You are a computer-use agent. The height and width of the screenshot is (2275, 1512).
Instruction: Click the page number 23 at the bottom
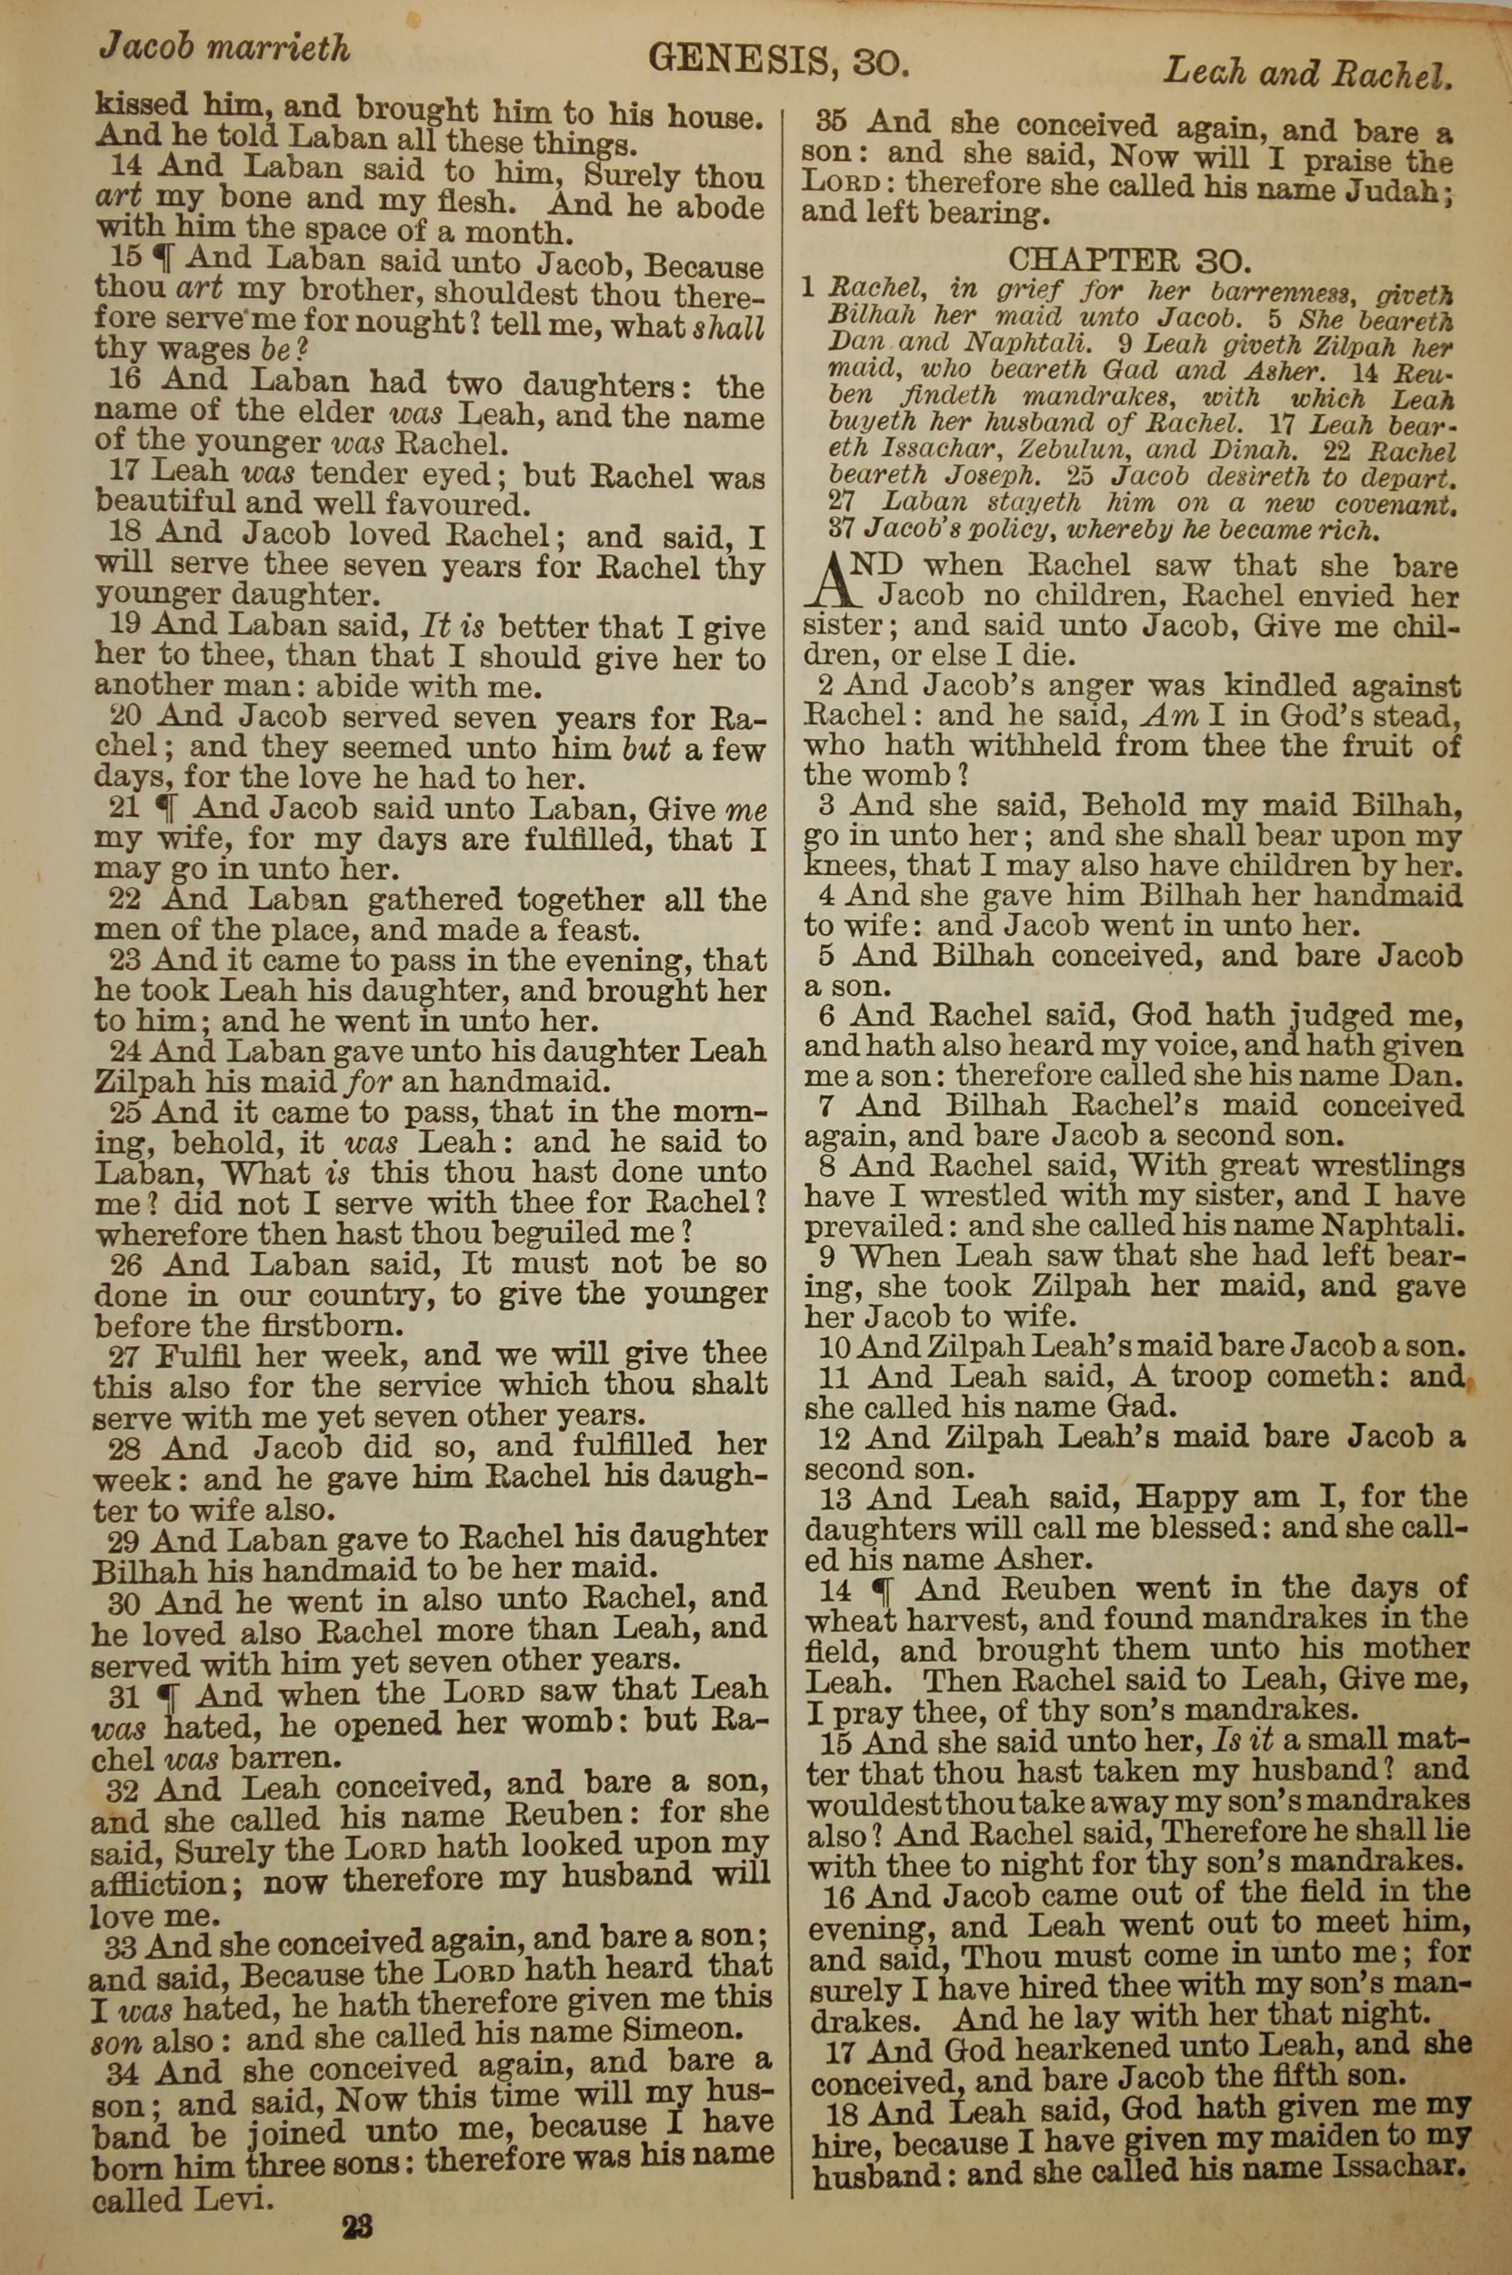[x=357, y=2200]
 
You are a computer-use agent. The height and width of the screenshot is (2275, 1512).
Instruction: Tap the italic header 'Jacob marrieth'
[x=225, y=47]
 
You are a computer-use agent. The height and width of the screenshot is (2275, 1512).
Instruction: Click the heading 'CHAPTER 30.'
[x=1129, y=259]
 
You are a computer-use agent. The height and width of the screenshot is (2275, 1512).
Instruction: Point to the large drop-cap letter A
[x=835, y=579]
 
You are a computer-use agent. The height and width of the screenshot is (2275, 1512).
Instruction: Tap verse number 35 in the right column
[x=831, y=123]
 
